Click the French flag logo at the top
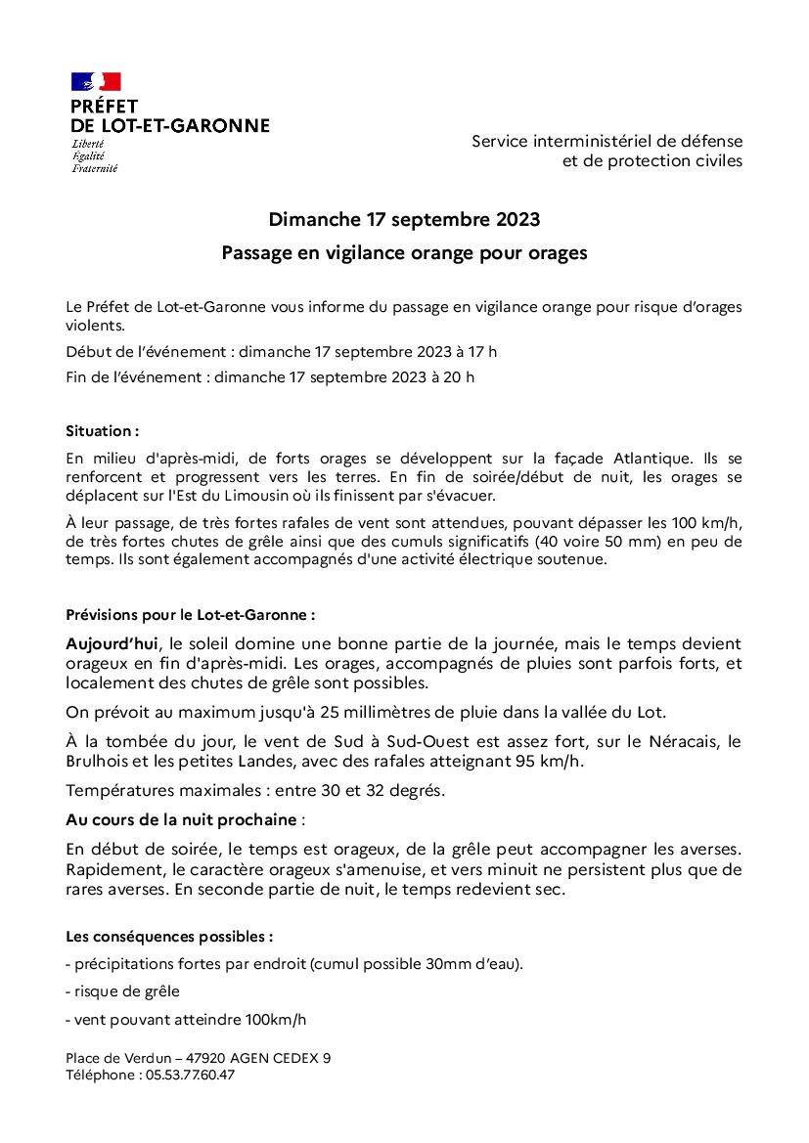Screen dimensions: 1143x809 tap(95, 81)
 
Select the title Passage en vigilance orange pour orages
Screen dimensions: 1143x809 tap(404, 253)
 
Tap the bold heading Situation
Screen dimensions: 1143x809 tap(102, 431)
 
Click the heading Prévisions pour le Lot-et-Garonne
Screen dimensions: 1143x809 tap(190, 615)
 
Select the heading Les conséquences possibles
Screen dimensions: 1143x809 tap(169, 936)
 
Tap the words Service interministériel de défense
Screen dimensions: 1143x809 tap(607, 142)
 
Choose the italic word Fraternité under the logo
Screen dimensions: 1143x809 tap(94, 168)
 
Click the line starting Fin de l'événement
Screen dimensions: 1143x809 tap(270, 377)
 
